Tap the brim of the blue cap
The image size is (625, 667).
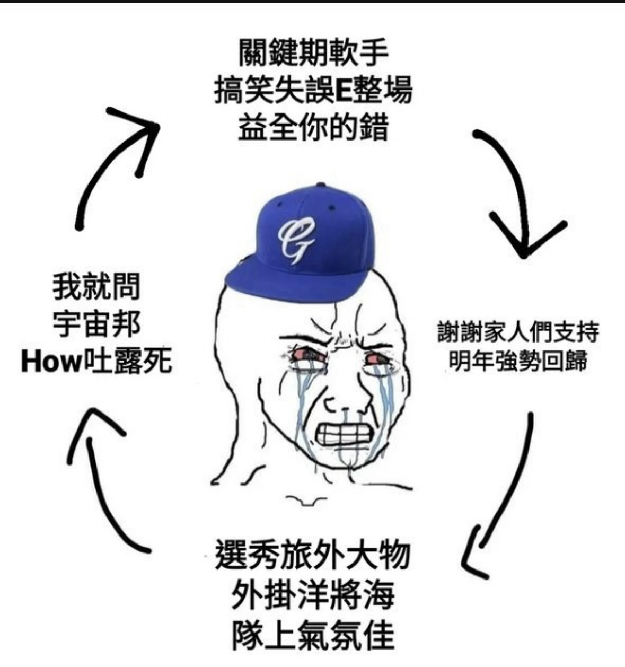(289, 282)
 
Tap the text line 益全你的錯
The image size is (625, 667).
(313, 128)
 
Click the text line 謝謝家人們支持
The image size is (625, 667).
(518, 332)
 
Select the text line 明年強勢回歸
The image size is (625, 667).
(518, 361)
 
